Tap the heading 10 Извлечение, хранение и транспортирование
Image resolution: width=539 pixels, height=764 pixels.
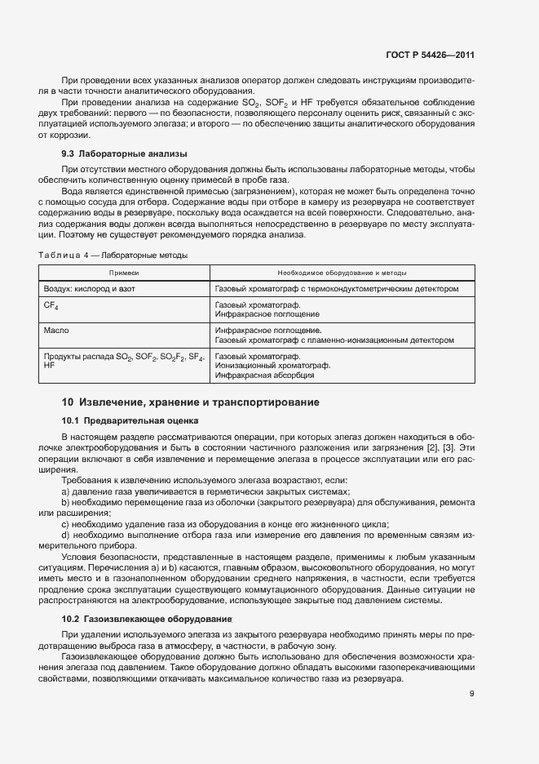pos(190,402)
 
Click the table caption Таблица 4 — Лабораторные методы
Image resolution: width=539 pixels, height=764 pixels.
pos(113,255)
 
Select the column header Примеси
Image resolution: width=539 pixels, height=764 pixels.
pos(124,273)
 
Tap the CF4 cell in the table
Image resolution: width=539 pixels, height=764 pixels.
pos(51,305)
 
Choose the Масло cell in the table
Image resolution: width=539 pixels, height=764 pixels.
pos(56,331)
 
